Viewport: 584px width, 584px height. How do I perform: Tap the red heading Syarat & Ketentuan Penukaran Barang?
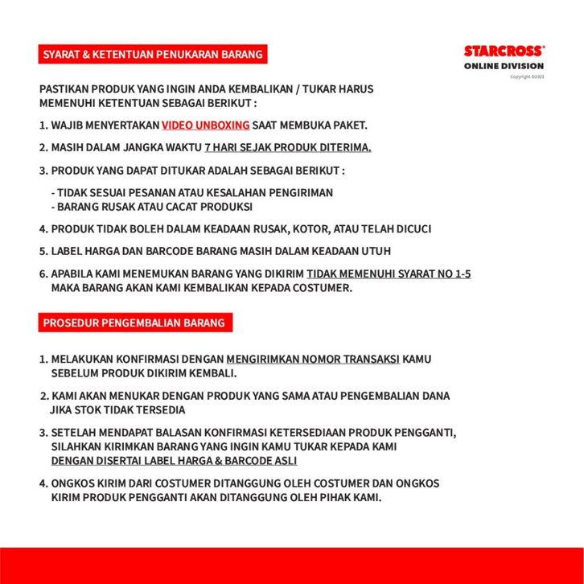click(153, 55)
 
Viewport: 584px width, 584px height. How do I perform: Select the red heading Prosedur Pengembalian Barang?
click(134, 323)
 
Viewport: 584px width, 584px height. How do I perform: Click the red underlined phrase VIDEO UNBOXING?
click(205, 125)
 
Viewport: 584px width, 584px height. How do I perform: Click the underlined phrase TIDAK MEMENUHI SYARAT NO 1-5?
click(389, 274)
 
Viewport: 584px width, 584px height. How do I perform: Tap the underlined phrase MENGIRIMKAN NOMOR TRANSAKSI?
click(313, 360)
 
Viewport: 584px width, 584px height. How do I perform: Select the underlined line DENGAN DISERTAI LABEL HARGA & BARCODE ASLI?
click(174, 461)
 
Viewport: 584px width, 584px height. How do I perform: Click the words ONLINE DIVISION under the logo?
click(504, 66)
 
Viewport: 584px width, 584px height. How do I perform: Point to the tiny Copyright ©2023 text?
click(527, 76)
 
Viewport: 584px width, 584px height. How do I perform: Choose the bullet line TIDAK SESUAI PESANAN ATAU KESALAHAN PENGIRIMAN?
click(191, 193)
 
